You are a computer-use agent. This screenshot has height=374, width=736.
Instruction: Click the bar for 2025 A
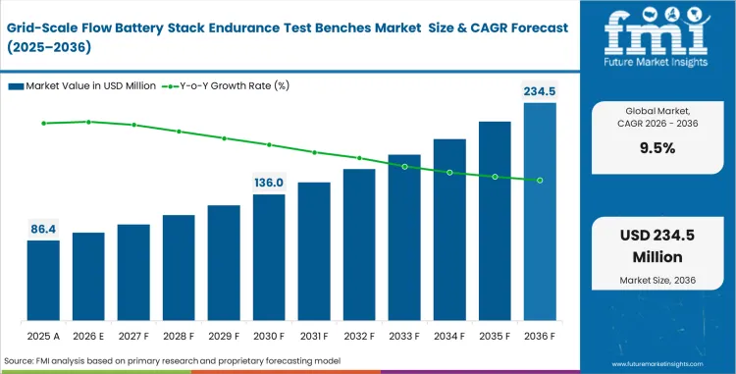point(43,281)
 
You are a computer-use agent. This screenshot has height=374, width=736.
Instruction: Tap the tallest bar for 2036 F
point(540,212)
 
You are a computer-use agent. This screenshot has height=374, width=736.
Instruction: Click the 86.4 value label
point(43,229)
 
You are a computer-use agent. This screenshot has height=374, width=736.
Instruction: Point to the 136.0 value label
point(269,183)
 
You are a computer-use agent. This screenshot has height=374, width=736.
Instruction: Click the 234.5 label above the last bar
point(539,91)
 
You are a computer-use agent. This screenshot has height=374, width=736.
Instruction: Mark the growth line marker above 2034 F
point(449,173)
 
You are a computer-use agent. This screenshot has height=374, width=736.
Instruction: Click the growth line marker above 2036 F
point(540,181)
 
